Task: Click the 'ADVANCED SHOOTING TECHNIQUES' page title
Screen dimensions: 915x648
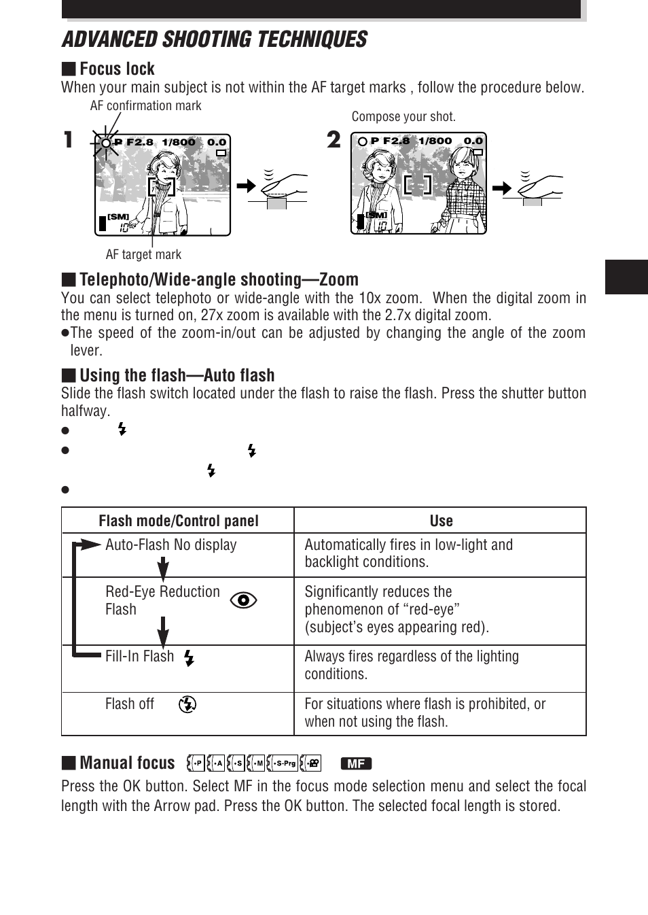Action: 215,39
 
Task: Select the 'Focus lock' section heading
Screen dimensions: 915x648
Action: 116,69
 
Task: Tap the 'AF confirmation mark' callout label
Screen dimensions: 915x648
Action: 145,105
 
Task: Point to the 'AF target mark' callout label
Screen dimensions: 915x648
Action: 143,254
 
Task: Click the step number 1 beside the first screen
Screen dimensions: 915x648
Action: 68,140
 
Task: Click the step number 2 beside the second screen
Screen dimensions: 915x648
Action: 334,139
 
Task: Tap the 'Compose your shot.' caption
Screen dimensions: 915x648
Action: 403,116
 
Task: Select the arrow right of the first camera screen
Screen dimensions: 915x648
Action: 246,186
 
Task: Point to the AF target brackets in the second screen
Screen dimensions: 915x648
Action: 417,184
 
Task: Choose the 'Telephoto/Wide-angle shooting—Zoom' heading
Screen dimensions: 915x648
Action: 218,279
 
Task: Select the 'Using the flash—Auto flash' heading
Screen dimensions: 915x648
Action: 177,375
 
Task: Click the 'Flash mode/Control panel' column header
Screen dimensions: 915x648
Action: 178,521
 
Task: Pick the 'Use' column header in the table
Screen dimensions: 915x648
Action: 441,521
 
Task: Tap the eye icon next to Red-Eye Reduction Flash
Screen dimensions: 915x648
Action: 243,600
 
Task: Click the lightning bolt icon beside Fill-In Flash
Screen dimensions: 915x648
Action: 189,657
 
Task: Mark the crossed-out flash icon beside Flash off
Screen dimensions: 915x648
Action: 187,704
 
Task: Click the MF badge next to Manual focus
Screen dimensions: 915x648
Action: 356,763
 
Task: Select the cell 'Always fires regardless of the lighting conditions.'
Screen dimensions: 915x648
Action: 411,665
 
